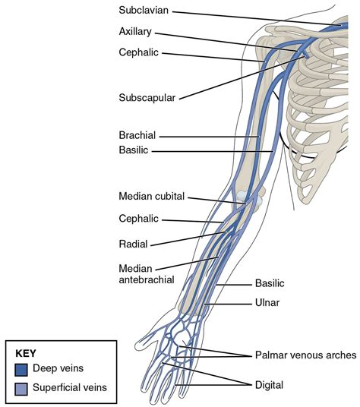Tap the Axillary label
[136, 33]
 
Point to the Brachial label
[137, 136]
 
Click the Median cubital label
[152, 196]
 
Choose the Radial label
[133, 244]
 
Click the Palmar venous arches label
[301, 355]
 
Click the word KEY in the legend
[27, 353]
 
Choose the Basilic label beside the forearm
[270, 283]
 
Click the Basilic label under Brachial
[135, 151]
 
